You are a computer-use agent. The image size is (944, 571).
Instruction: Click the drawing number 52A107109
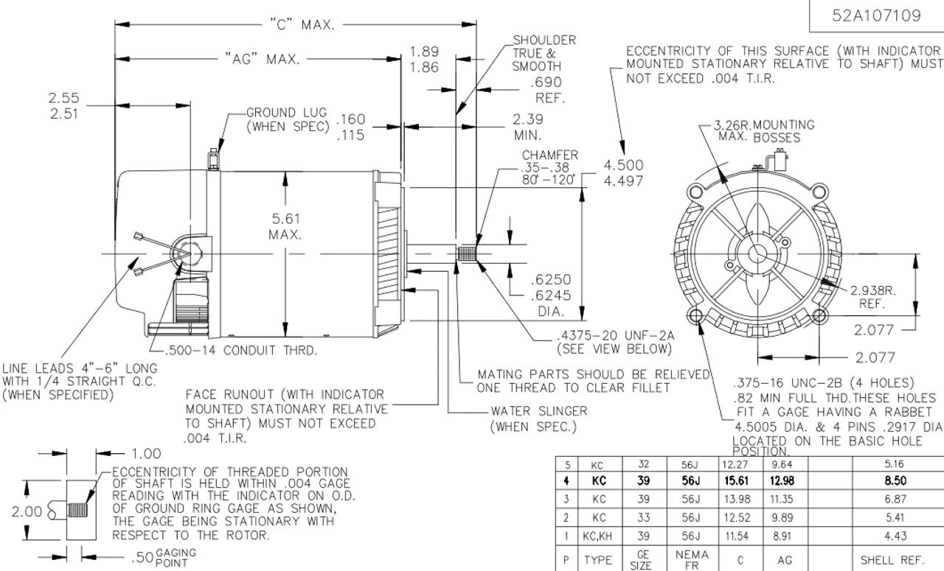pyautogui.click(x=876, y=16)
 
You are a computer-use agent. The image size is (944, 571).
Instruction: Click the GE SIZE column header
pyautogui.click(x=641, y=560)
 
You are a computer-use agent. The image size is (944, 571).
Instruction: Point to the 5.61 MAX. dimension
pyautogui.click(x=285, y=226)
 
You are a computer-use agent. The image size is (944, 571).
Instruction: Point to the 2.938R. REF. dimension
pyautogui.click(x=875, y=296)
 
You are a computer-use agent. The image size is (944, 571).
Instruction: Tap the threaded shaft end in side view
pyautogui.click(x=465, y=254)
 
